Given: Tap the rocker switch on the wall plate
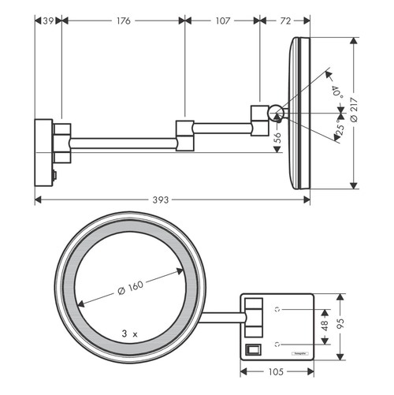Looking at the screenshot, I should tap(252, 348).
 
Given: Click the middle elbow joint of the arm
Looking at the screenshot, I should tap(184, 134).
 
